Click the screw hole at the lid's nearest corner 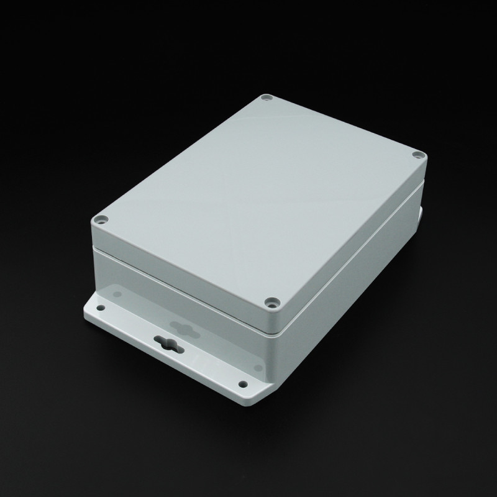271,303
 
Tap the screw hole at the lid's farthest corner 267,98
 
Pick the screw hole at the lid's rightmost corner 417,154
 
